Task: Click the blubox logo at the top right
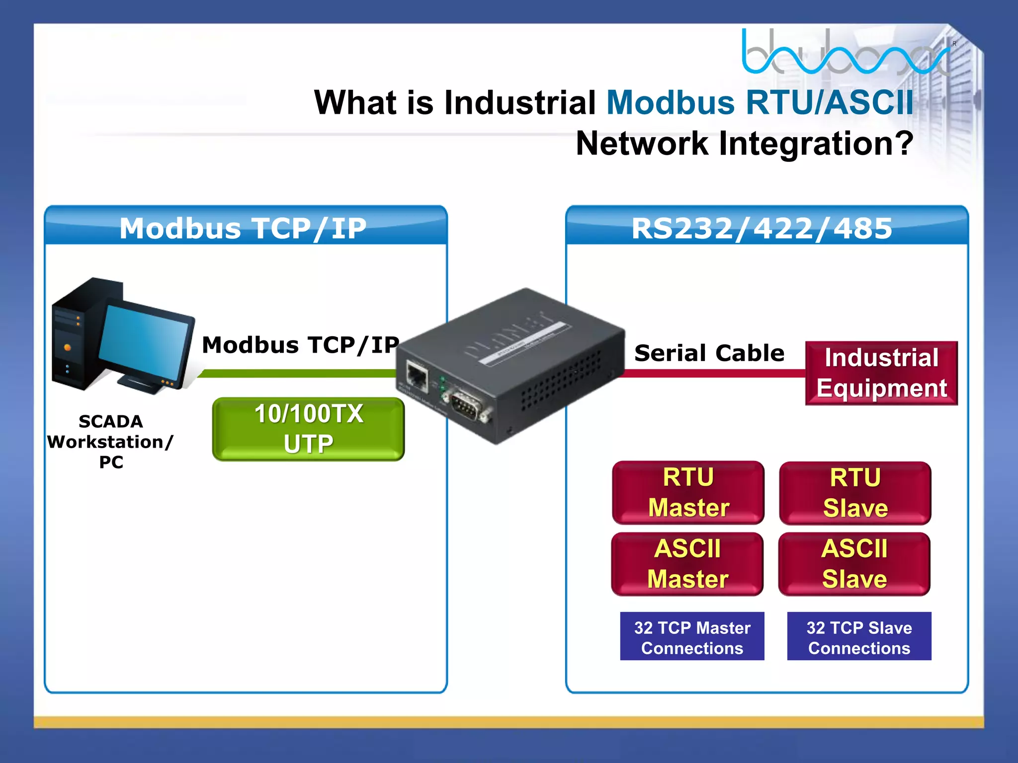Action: [845, 52]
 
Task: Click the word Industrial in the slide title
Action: [519, 103]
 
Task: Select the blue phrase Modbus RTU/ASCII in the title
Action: [760, 103]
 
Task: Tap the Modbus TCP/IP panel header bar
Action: [246, 228]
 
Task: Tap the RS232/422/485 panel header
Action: [766, 228]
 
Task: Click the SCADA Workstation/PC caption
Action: [110, 442]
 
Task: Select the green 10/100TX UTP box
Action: [308, 429]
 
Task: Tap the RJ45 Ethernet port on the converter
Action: [417, 376]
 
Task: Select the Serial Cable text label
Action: [709, 353]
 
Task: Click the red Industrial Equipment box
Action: [881, 373]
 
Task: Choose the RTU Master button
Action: [688, 492]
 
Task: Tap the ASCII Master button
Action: [687, 564]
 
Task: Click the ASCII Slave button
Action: [854, 564]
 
